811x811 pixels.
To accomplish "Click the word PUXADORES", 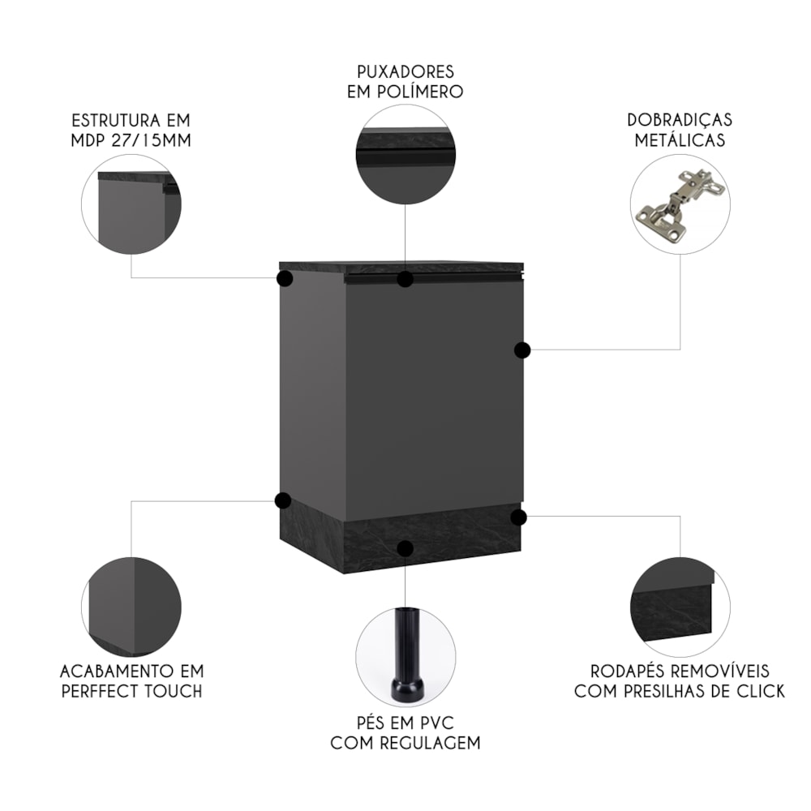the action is (405, 71).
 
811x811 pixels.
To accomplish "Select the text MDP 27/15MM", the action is (131, 140).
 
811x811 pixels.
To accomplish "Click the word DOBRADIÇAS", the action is (680, 120).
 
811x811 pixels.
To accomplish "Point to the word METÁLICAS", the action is (680, 140).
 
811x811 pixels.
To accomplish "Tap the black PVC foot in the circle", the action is (405, 655).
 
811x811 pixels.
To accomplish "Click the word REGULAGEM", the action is (430, 743).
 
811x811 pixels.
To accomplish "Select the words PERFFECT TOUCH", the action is (132, 691).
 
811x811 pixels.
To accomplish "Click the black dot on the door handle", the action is (405, 279).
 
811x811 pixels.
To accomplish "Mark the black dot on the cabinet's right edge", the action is (522, 350).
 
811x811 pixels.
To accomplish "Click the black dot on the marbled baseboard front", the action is (405, 548).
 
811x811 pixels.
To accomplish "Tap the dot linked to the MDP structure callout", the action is (285, 279).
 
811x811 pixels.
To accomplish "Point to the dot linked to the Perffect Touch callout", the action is (282, 500).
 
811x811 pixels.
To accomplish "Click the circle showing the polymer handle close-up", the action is (405, 153).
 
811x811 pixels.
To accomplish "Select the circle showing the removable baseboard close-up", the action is (680, 607).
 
